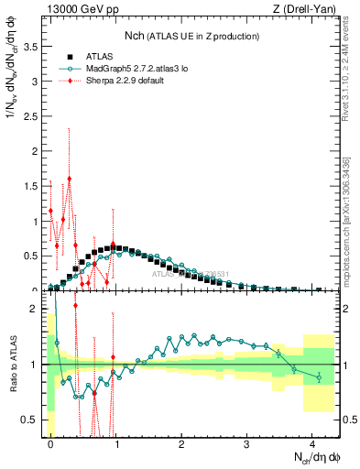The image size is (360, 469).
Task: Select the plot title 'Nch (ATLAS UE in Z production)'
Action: (191, 35)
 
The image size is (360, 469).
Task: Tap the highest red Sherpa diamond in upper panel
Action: (69, 180)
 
